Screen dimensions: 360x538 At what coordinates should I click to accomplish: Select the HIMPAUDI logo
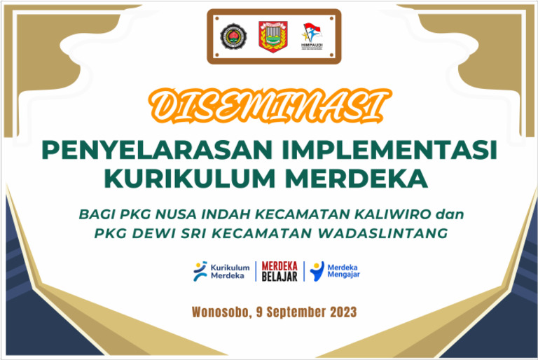coord(312,36)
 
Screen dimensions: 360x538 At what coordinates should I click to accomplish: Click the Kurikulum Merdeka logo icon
coord(200,270)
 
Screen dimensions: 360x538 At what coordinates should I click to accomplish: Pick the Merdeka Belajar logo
coord(280,270)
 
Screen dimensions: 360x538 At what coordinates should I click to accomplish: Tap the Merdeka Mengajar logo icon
coord(317,270)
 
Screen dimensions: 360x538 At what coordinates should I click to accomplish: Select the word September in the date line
coord(294,312)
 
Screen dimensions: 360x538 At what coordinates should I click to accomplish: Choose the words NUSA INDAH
coord(188,212)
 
